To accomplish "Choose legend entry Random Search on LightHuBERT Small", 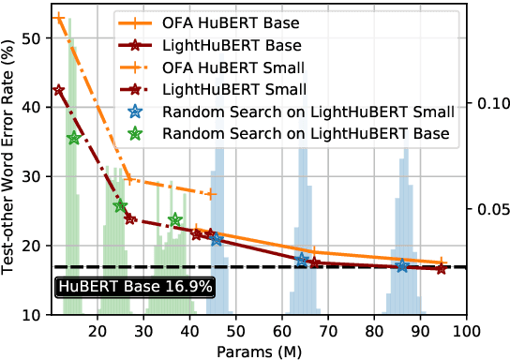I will (308, 112).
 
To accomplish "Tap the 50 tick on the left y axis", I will (32, 37).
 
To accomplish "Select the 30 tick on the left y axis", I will (32, 176).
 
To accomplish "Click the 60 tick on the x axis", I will (282, 330).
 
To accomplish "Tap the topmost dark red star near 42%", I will (59, 90).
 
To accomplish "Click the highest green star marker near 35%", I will (74, 138).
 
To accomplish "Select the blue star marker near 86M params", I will (402, 265).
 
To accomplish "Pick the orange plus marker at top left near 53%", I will (59, 18).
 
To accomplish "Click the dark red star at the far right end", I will (441, 269).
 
